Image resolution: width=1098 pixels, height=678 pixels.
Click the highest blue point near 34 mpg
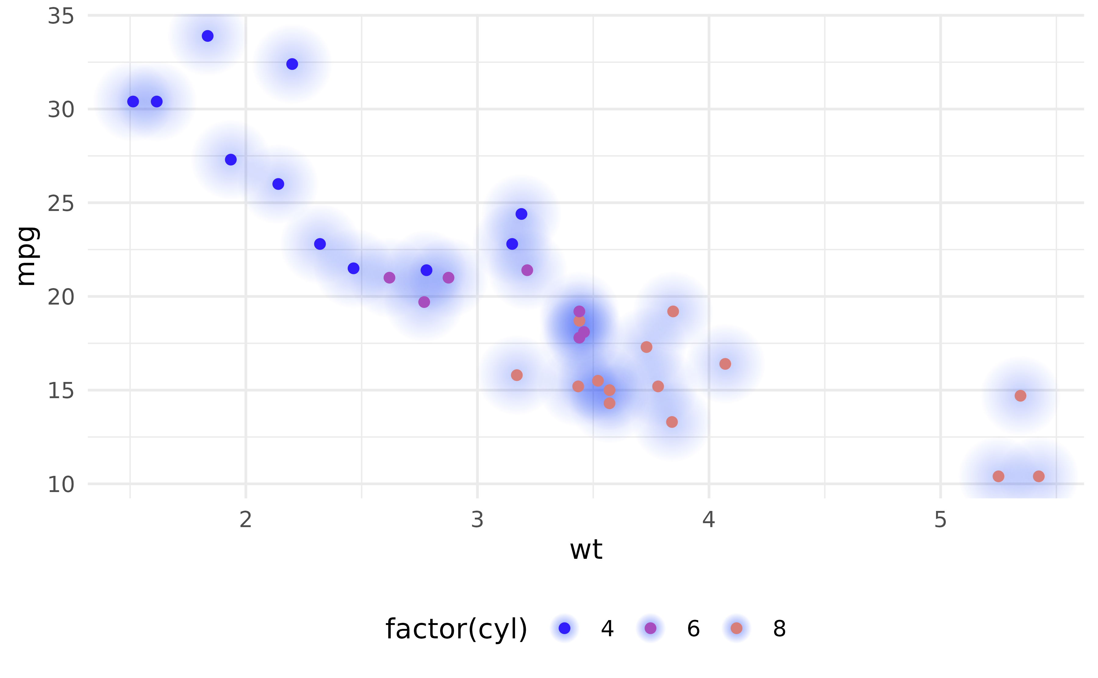[207, 36]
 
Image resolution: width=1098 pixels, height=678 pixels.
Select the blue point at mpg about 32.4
[292, 64]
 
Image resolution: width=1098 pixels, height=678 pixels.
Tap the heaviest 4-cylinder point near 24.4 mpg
[521, 214]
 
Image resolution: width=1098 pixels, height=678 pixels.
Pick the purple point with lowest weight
[389, 277]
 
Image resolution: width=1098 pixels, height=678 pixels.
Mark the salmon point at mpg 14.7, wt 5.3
[1021, 395]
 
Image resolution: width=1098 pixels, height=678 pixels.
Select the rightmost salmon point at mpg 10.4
[1039, 476]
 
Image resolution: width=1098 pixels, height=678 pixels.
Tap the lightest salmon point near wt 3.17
[517, 375]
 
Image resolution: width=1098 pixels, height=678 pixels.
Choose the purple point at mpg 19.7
[424, 302]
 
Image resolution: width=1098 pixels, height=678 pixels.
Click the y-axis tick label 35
[61, 16]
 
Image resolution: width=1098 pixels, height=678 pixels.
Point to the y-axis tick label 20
[61, 297]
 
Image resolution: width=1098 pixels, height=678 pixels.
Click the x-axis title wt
[586, 550]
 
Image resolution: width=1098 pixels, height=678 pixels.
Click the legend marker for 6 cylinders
[650, 628]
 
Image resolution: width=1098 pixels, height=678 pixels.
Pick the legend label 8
[780, 629]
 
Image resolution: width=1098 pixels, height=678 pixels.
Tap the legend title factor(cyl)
[456, 629]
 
